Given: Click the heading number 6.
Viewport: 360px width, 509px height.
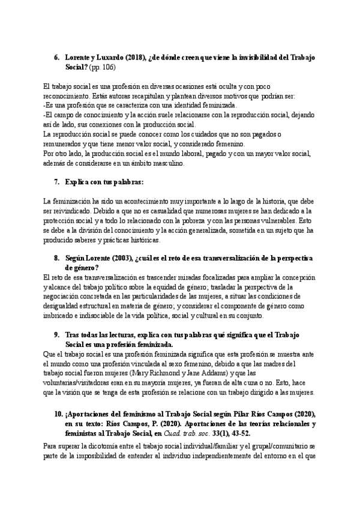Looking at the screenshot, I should (x=56, y=57).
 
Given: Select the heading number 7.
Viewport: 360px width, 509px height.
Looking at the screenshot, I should (x=56, y=181).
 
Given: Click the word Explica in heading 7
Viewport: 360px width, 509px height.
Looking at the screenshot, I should (x=78, y=181).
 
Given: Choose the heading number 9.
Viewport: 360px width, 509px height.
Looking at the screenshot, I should (x=56, y=334).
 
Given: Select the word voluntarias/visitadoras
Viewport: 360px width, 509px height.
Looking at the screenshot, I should (x=79, y=377).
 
